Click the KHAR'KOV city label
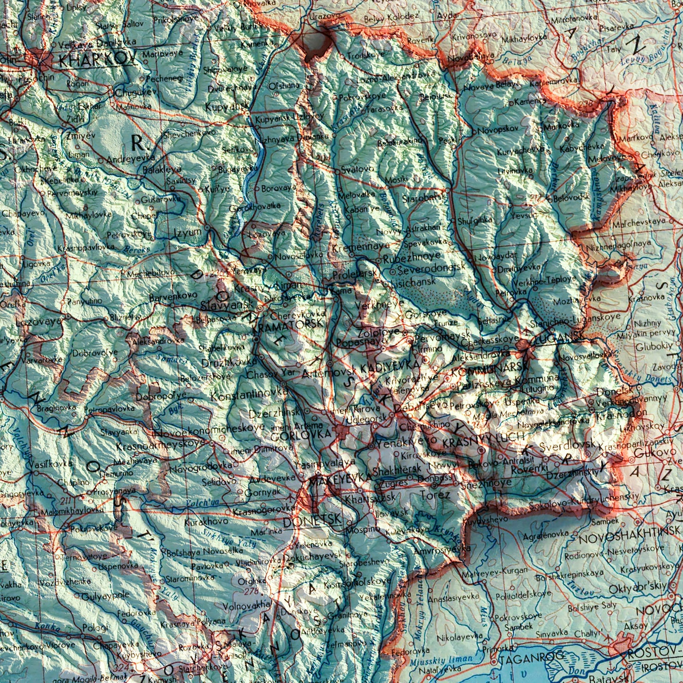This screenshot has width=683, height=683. click(x=97, y=61)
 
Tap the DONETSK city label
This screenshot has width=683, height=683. click(x=312, y=520)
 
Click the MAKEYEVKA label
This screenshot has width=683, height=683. click(x=340, y=478)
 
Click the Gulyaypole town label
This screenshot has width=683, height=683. click(x=104, y=596)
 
